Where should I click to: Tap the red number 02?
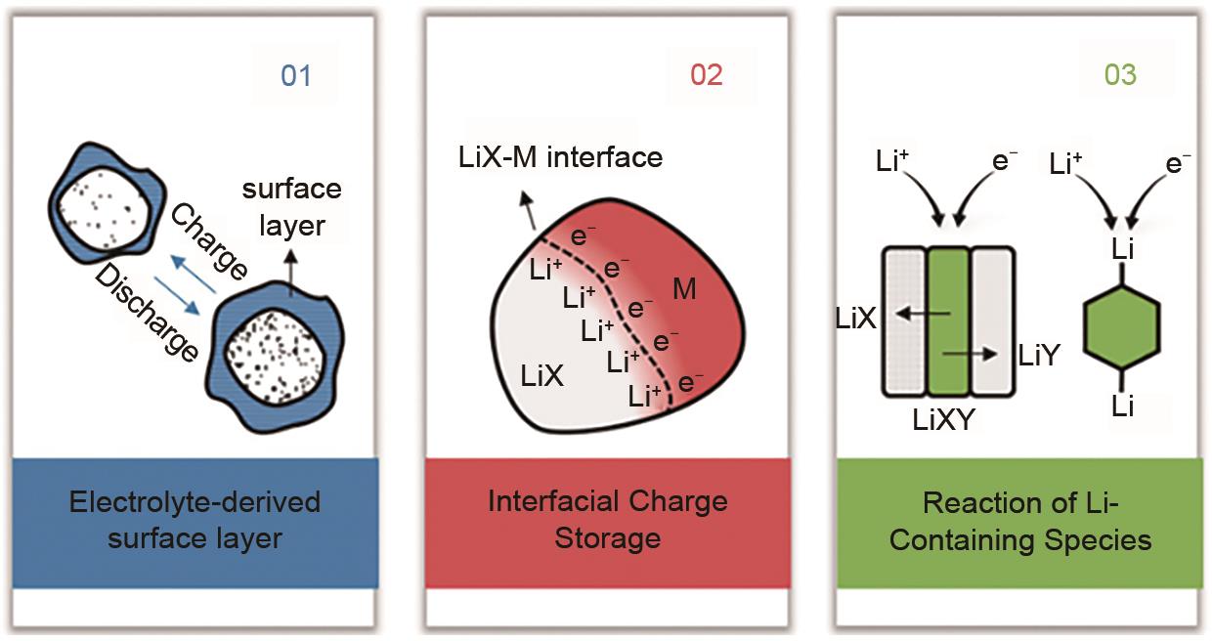point(706,75)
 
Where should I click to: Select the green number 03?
point(1120,75)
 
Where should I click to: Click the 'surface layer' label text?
point(293,207)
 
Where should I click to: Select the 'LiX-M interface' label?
point(560,156)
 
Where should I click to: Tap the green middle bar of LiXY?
point(948,321)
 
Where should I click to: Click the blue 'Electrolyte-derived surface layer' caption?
point(195,521)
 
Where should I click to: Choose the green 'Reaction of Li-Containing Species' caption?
point(1020,521)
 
